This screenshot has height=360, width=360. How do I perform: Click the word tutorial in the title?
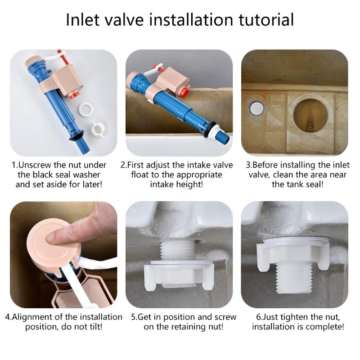point(261,20)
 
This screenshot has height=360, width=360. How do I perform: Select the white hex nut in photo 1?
point(99,128)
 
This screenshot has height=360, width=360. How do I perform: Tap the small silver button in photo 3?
point(257,108)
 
